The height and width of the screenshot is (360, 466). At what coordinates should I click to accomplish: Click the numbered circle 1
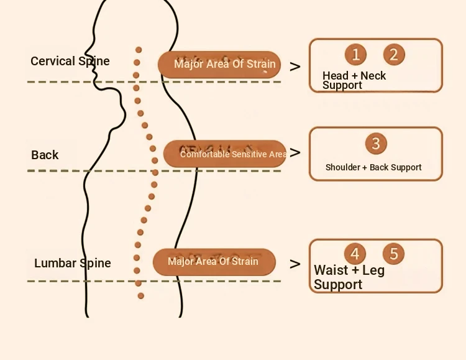355,55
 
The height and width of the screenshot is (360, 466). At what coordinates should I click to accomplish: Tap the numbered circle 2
394,55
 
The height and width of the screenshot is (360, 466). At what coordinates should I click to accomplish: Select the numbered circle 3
376,144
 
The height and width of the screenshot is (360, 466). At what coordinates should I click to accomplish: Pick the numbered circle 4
355,254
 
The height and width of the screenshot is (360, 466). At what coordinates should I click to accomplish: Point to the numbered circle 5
393,254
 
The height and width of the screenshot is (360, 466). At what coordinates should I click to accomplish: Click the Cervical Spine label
70,62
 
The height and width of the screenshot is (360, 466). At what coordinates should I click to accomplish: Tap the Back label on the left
45,155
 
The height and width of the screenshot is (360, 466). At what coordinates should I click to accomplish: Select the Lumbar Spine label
73,263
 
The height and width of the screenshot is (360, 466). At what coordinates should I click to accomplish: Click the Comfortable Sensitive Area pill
225,154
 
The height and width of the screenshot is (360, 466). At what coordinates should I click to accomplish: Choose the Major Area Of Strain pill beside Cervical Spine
219,65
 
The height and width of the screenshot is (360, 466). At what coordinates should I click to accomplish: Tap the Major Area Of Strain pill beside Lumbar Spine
214,262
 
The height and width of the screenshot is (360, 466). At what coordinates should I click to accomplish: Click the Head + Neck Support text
354,80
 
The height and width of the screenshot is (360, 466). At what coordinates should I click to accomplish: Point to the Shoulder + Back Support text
373,167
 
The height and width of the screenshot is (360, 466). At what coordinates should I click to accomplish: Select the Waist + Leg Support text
349,277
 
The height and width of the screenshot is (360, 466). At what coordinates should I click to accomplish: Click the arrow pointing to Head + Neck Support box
295,67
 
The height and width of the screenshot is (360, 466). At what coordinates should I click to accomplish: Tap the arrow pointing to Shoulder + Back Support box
295,152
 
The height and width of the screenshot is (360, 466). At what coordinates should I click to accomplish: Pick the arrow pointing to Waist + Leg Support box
295,264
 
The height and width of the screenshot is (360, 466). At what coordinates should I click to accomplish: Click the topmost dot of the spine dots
139,50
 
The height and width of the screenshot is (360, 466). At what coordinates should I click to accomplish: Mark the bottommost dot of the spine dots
141,296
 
